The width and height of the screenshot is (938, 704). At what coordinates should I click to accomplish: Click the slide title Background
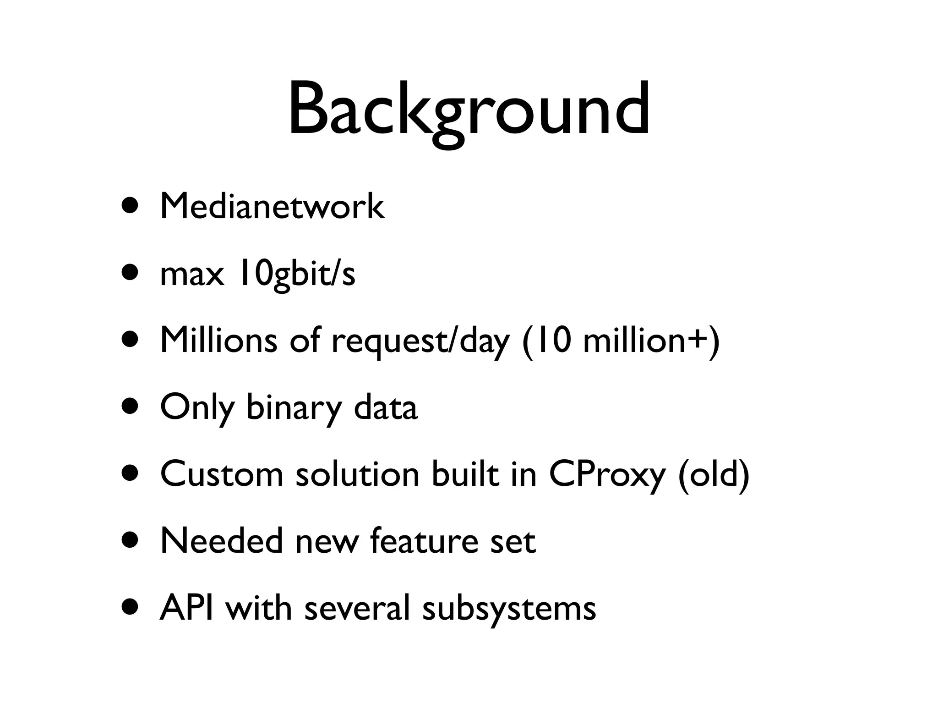(469, 110)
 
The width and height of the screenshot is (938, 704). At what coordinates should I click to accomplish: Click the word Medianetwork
(272, 207)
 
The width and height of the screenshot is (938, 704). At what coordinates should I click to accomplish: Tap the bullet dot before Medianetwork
(131, 206)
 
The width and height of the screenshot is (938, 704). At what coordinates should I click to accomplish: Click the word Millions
(218, 341)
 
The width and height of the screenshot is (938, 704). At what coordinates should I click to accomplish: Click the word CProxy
(606, 474)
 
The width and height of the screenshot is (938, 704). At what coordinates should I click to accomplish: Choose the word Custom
(222, 474)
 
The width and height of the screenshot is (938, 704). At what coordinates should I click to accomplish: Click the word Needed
(222, 541)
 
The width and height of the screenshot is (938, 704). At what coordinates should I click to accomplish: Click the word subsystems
(509, 609)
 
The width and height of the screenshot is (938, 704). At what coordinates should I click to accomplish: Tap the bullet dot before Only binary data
(131, 406)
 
